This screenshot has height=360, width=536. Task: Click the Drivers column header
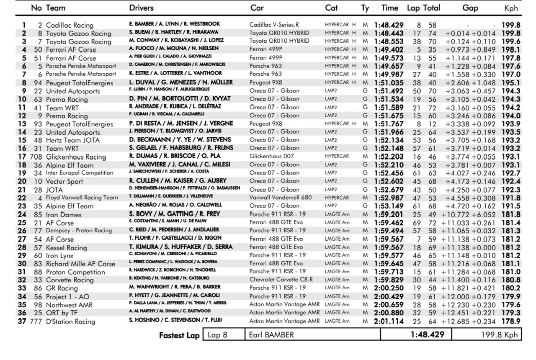click(x=141, y=8)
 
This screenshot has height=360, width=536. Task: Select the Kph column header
click(x=511, y=8)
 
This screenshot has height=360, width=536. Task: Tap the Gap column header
click(x=470, y=8)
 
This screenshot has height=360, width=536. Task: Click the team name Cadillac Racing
click(x=70, y=25)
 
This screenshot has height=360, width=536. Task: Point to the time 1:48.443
click(x=389, y=33)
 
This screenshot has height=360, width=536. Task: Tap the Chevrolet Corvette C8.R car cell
click(x=281, y=280)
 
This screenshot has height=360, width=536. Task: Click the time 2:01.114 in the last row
click(x=389, y=321)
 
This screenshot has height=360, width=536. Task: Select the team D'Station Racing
click(x=70, y=321)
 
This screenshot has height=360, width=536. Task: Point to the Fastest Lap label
click(x=179, y=335)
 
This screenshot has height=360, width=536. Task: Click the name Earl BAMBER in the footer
click(x=271, y=335)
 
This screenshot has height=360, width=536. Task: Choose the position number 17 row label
click(x=22, y=157)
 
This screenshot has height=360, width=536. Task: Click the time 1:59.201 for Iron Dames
click(x=389, y=214)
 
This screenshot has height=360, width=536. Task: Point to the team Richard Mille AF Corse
click(x=80, y=264)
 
